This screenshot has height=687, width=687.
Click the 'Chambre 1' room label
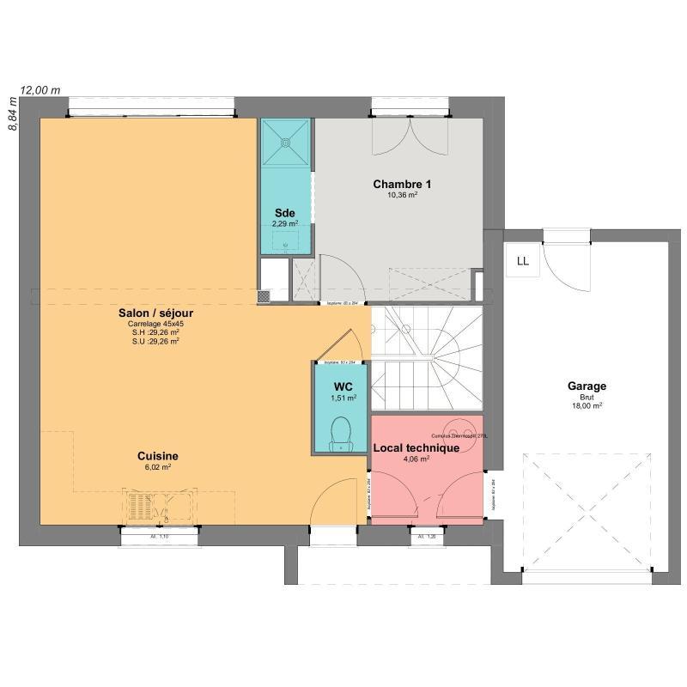coord(402,184)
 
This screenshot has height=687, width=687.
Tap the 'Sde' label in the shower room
coord(284,213)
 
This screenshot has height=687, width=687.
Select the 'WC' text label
coord(343,386)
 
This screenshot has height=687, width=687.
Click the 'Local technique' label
coord(416,447)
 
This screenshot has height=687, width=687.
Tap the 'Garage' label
coord(587,386)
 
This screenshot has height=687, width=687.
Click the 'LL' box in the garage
coord(523,261)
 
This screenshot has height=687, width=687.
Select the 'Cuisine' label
coord(157,456)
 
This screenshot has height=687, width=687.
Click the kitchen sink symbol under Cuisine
coord(158,507)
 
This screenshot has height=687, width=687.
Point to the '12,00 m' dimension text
coord(40,89)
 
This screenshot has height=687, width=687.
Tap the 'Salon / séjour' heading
coord(155,313)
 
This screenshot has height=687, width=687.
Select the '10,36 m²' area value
coord(402,195)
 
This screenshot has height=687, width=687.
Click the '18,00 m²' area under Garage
coord(587,406)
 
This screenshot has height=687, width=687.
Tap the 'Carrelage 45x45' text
coord(155,324)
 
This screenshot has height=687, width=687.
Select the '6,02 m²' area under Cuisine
coord(157,467)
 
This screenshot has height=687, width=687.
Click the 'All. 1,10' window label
coord(158,537)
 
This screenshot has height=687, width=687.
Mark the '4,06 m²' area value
coord(416,459)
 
